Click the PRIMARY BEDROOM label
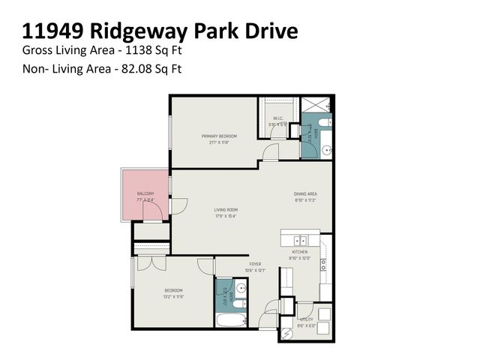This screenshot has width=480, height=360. pyautogui.click(x=219, y=136)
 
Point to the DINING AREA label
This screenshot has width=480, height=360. pyautogui.click(x=305, y=194)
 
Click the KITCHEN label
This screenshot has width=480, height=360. pyautogui.click(x=300, y=252)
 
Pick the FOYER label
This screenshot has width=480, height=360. pyautogui.click(x=255, y=265)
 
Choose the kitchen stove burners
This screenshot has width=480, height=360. pyautogui.click(x=323, y=264)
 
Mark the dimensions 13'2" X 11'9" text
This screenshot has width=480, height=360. pyautogui.click(x=173, y=297)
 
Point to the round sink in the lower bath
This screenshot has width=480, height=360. pyautogui.click(x=240, y=287)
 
